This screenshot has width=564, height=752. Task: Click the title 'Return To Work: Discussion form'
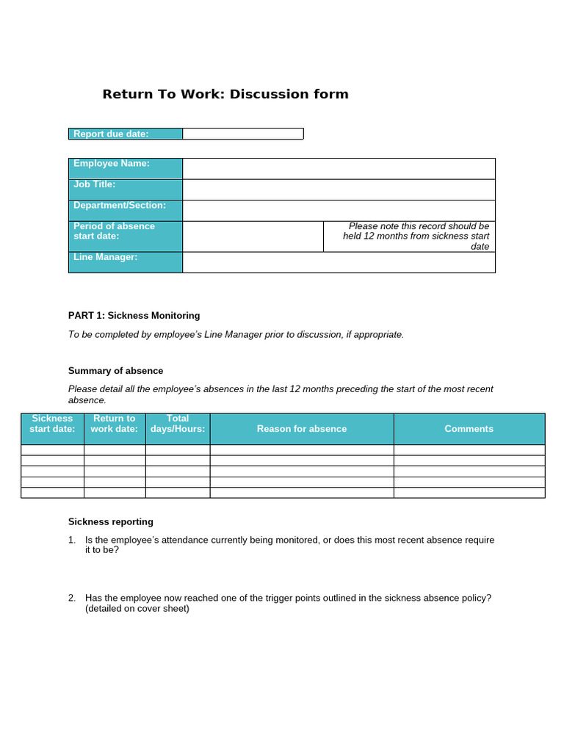point(225,94)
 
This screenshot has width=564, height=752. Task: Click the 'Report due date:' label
point(111,134)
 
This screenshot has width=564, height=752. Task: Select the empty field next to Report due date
point(242,134)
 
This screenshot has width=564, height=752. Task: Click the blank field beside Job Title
point(339,189)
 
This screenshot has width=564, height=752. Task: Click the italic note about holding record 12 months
point(416,236)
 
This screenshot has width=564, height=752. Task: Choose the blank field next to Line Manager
point(339,262)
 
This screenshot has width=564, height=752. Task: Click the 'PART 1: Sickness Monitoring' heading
point(134,316)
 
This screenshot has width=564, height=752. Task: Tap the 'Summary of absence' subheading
point(115,371)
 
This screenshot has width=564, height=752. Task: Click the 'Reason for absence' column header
point(302,429)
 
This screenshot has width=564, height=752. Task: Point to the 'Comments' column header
point(469,429)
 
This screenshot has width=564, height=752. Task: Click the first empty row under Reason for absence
point(302,450)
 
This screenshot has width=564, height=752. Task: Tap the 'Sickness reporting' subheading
point(111,522)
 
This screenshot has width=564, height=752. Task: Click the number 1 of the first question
point(71,540)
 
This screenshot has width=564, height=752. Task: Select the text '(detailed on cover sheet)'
point(137,609)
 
